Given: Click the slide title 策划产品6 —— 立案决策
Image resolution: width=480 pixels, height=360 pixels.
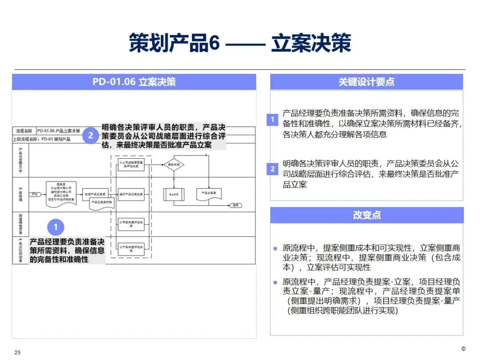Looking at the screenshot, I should tap(240, 44).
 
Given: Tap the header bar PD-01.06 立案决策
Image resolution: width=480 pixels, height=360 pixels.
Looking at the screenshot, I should tap(134, 82).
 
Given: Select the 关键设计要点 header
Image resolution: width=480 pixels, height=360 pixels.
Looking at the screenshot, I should tap(366, 82).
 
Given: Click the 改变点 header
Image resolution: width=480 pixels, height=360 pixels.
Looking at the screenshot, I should tap(366, 215).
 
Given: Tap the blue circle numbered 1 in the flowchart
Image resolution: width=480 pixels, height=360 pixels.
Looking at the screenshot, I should tap(56, 228).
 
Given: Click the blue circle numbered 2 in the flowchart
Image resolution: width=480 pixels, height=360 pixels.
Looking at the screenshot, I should tap(90, 136).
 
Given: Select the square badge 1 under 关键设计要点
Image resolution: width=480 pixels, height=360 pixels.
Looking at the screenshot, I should tap(273, 120).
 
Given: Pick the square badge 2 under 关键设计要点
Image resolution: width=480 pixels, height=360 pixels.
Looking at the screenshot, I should tap(273, 169).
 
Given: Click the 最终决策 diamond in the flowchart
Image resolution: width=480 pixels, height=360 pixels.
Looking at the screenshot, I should tap(173, 165).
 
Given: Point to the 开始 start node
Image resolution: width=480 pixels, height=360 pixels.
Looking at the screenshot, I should tap(34, 194).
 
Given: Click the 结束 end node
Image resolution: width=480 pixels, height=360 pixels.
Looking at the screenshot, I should tap(235, 205).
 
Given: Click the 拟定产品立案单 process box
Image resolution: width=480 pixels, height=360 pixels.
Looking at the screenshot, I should tap(95, 194).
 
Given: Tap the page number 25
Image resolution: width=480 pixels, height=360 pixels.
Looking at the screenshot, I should tap(18, 353).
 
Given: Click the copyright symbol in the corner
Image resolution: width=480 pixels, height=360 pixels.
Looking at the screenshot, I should tap(464, 348).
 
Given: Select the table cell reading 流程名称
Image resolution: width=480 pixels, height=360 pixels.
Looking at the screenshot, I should tap(24, 131).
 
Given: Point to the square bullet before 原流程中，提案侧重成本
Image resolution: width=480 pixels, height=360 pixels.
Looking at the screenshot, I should tap(275, 248).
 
